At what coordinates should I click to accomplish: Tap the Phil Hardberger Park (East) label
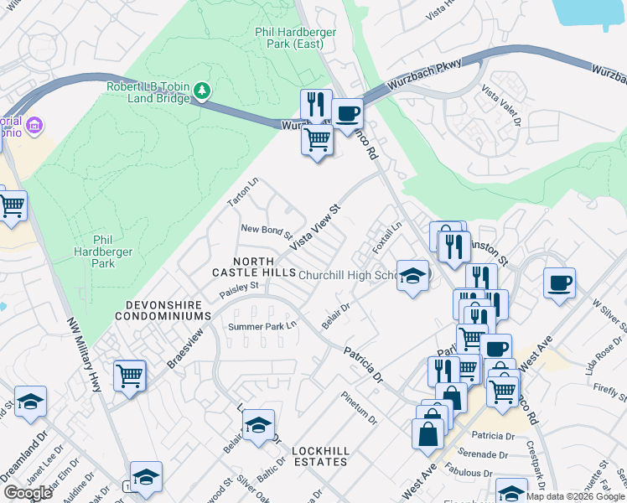(295, 39)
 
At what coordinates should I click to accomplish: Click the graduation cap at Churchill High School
(412, 276)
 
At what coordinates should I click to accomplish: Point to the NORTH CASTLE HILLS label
(243, 267)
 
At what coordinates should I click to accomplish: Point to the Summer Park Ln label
(263, 325)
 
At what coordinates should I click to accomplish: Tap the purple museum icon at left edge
(34, 126)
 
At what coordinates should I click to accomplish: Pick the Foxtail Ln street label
(388, 239)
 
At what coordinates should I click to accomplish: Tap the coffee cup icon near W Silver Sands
(559, 283)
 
